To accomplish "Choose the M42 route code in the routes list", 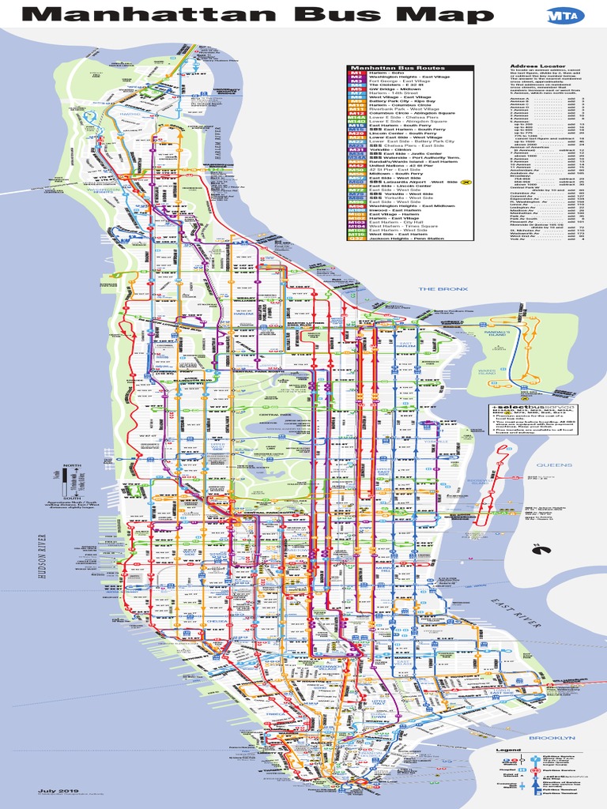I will coord(356,164).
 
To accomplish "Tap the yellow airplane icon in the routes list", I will coord(467,182).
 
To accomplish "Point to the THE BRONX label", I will coord(438,289).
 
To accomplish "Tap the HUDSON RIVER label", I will coord(42,558).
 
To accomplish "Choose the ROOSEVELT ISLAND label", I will coord(478,483).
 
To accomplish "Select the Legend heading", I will coord(508,750).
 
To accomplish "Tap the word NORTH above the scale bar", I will coord(72,465).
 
